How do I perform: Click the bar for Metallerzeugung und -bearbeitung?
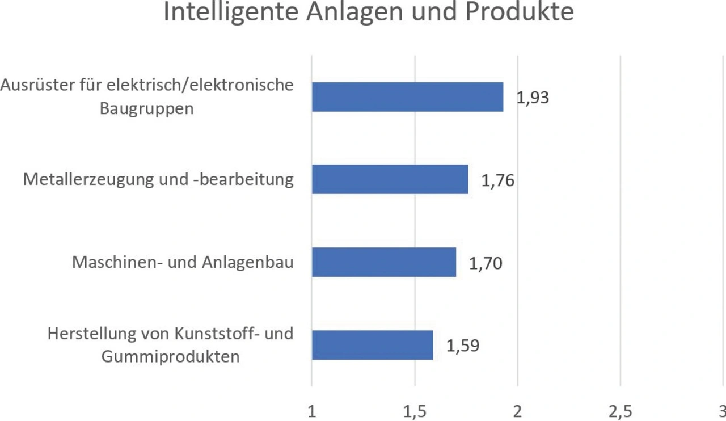point(390,179)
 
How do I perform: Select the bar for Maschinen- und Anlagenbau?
point(384,262)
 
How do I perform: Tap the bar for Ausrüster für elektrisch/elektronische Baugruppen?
point(407,96)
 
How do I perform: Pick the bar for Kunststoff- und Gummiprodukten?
point(372,345)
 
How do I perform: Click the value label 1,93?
point(533,98)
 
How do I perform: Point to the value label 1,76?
point(498,181)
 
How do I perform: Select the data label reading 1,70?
point(486,264)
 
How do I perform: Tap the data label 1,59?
point(463,346)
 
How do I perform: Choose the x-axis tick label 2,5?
point(621,411)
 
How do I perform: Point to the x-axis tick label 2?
point(517,411)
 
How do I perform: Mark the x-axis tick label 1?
point(311,411)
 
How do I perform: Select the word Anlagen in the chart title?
point(356,12)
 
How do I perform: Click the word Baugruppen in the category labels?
point(147,108)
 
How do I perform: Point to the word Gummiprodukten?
point(170,357)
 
